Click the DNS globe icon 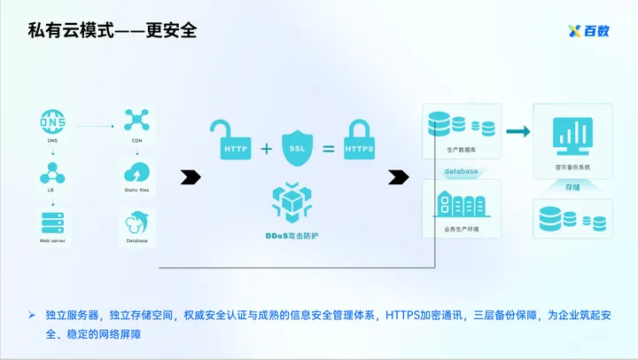click(53, 121)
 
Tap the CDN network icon click(136, 121)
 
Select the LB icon click(53, 171)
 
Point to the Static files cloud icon click(136, 171)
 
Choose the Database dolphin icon click(136, 222)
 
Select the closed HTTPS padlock click(359, 140)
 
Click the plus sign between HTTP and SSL click(266, 147)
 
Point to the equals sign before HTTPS click(328, 148)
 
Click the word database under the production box click(461, 171)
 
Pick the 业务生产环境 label click(462, 229)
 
